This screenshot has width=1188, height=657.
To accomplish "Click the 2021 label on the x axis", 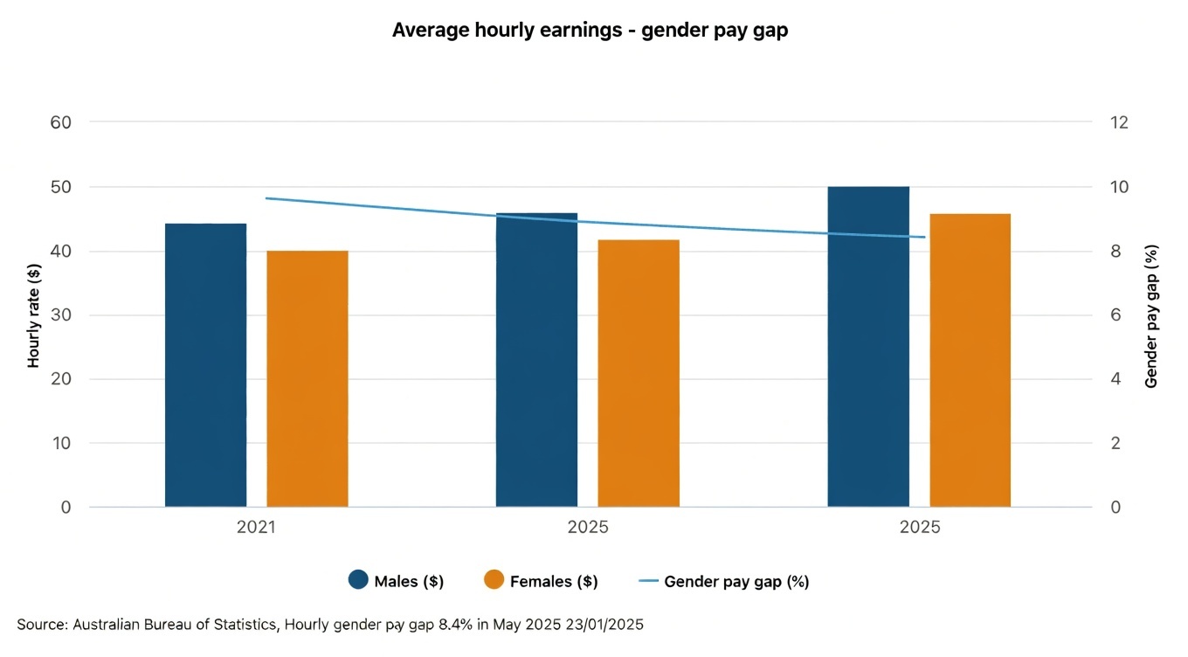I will [256, 528].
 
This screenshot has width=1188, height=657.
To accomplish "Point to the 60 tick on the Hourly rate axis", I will [60, 122].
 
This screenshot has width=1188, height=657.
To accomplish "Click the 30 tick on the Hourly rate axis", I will [60, 315].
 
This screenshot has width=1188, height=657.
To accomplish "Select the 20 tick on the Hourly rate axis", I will [60, 379].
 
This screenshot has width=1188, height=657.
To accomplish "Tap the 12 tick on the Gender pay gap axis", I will [1119, 122].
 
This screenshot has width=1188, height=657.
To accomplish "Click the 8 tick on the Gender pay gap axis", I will [1115, 252].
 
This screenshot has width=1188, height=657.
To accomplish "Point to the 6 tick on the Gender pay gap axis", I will [1115, 315].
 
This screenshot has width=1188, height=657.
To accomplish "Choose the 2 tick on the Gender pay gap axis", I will [1115, 443].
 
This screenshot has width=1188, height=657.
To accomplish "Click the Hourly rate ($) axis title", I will [34, 315].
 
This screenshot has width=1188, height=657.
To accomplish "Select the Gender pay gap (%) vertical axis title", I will [1150, 315].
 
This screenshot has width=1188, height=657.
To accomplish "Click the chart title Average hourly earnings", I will [591, 30].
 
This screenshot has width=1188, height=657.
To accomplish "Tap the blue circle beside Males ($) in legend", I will [358, 580].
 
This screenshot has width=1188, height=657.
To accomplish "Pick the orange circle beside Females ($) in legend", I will [494, 580].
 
